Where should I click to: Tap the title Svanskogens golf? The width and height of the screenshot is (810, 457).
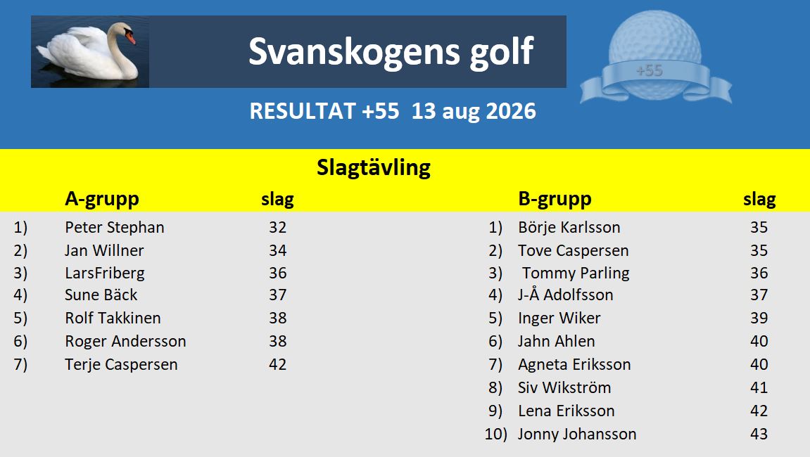point(391,51)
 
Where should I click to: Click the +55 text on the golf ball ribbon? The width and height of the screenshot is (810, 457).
point(650,70)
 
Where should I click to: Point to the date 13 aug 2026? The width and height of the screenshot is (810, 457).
point(474,111)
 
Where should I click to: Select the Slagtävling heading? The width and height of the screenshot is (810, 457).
point(374,168)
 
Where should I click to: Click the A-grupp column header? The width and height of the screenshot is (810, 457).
point(102,199)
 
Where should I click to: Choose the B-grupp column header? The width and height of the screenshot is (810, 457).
point(555,199)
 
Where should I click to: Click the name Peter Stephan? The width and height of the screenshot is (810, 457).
point(115,227)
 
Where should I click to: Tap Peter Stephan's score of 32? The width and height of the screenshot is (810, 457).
point(277,227)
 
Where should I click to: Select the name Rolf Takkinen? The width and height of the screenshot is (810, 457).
point(113,318)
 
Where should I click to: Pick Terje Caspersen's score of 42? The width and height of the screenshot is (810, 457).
point(277,365)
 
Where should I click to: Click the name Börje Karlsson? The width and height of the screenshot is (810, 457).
point(569,227)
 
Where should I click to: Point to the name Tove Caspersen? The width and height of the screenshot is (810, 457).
point(574,250)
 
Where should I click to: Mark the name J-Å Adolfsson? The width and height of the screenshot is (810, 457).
point(566,295)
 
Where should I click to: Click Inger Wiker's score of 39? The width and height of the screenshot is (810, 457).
point(759,318)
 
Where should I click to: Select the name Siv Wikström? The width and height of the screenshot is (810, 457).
point(564,388)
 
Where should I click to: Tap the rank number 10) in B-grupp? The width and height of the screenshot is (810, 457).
point(496,435)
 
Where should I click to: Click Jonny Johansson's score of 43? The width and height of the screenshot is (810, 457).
point(759,435)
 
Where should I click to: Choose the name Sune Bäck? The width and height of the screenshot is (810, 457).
point(101,295)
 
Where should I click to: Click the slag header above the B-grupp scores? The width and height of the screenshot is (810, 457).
point(759,200)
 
